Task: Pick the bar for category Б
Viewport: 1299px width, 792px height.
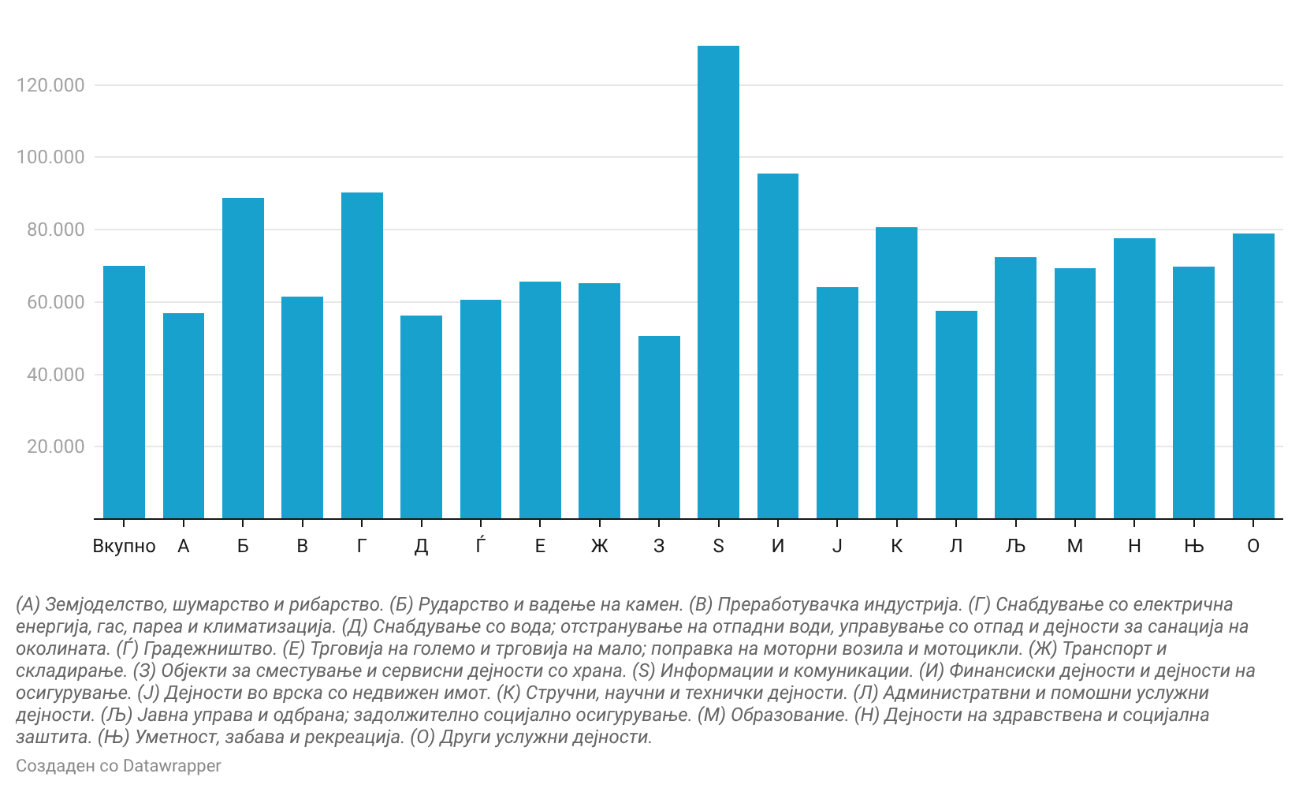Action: click(243, 358)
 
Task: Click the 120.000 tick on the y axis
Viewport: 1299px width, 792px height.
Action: click(50, 85)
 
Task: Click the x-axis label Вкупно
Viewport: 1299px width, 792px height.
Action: click(124, 546)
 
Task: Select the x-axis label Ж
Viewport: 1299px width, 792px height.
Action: click(599, 546)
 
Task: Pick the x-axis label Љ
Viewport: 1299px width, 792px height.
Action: click(1015, 546)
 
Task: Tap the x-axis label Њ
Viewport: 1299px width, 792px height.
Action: click(1193, 546)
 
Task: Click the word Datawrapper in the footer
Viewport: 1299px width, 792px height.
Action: click(172, 766)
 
